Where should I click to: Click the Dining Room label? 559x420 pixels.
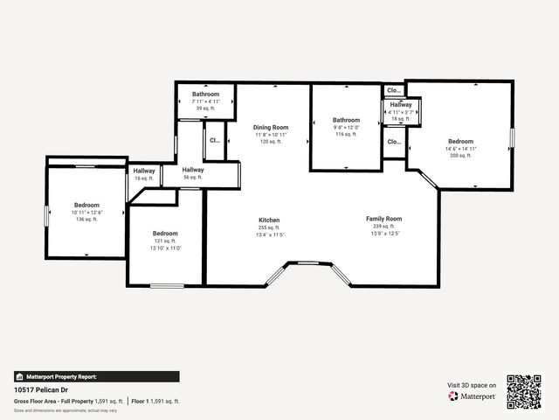(x=271, y=128)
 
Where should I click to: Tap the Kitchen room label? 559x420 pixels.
(x=269, y=220)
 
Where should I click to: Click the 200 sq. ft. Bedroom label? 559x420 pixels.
(x=460, y=142)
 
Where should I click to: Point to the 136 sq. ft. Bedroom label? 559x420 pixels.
(x=86, y=205)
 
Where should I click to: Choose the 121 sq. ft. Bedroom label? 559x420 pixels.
(x=165, y=234)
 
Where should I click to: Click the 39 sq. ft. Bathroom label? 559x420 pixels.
(x=206, y=94)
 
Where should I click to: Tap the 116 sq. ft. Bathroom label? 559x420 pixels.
(x=346, y=120)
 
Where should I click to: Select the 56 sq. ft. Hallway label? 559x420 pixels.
(x=193, y=170)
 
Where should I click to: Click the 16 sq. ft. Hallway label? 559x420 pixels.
(x=144, y=171)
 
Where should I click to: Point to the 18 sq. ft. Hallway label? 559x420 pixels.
(x=401, y=105)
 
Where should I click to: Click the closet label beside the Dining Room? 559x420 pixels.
(x=215, y=138)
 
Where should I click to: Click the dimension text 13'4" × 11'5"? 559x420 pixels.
(x=269, y=234)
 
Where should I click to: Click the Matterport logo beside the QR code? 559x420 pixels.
(x=473, y=396)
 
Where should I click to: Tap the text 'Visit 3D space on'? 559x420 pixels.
(x=472, y=385)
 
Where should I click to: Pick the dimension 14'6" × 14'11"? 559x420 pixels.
(x=460, y=149)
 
